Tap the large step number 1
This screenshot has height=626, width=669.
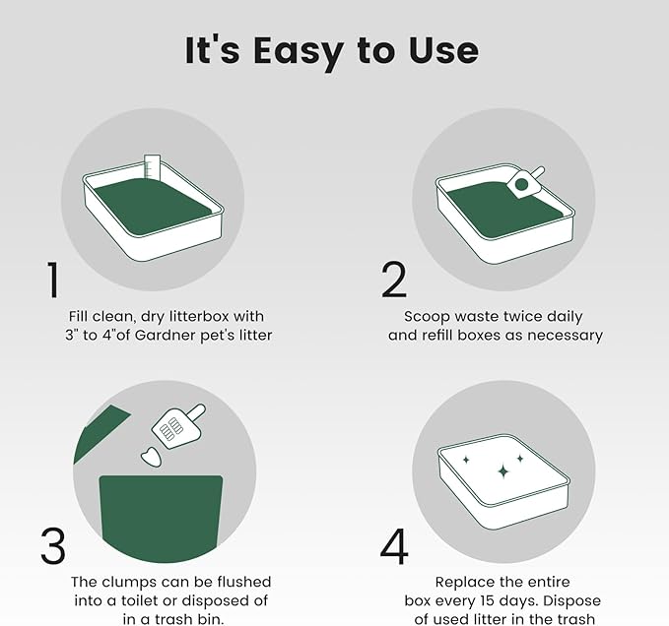pyautogui.click(x=53, y=280)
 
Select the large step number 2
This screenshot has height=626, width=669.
pyautogui.click(x=394, y=280)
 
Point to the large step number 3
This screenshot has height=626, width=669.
pyautogui.click(x=53, y=546)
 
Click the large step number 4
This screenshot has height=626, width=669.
pyautogui.click(x=394, y=546)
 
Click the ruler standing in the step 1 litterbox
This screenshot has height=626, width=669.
pyautogui.click(x=152, y=166)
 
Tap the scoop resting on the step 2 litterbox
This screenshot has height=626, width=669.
pyautogui.click(x=526, y=183)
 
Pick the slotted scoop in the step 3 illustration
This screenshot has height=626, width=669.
pyautogui.click(x=178, y=426)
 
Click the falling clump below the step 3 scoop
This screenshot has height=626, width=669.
pyautogui.click(x=152, y=458)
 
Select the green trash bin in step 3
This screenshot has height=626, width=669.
pyautogui.click(x=162, y=518)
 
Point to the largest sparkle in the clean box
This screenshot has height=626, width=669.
pyautogui.click(x=503, y=470)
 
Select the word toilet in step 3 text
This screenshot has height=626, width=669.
pyautogui.click(x=144, y=600)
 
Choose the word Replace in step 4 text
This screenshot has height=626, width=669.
pyautogui.click(x=462, y=583)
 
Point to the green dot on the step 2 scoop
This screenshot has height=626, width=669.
pyautogui.click(x=521, y=184)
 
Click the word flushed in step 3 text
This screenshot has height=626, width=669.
pyautogui.click(x=244, y=582)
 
